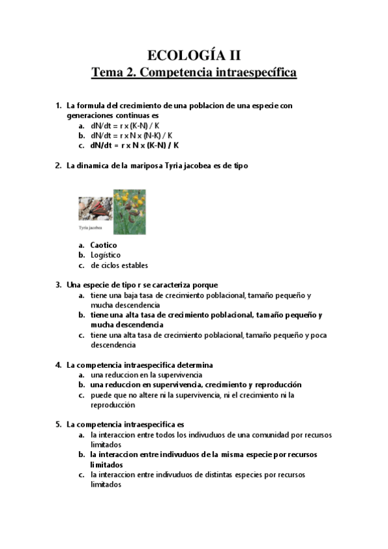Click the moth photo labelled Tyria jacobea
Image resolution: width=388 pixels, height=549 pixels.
pyautogui.click(x=95, y=210)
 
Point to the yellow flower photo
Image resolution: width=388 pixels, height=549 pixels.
pyautogui.click(x=130, y=212)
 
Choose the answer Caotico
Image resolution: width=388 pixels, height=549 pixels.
pyautogui.click(x=104, y=245)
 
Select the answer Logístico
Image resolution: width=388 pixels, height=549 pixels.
pyautogui.click(x=106, y=255)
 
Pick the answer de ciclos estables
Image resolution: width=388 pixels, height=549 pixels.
pyautogui.click(x=119, y=265)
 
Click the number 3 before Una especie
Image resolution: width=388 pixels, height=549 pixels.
pyautogui.click(x=58, y=285)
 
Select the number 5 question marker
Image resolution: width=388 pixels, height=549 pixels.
pyautogui.click(x=58, y=425)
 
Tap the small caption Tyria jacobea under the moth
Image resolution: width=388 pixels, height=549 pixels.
pyautogui.click(x=91, y=229)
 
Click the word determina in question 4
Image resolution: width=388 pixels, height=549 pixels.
pyautogui.click(x=194, y=365)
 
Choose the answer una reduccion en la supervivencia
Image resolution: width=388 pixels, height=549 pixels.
pyautogui.click(x=146, y=375)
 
